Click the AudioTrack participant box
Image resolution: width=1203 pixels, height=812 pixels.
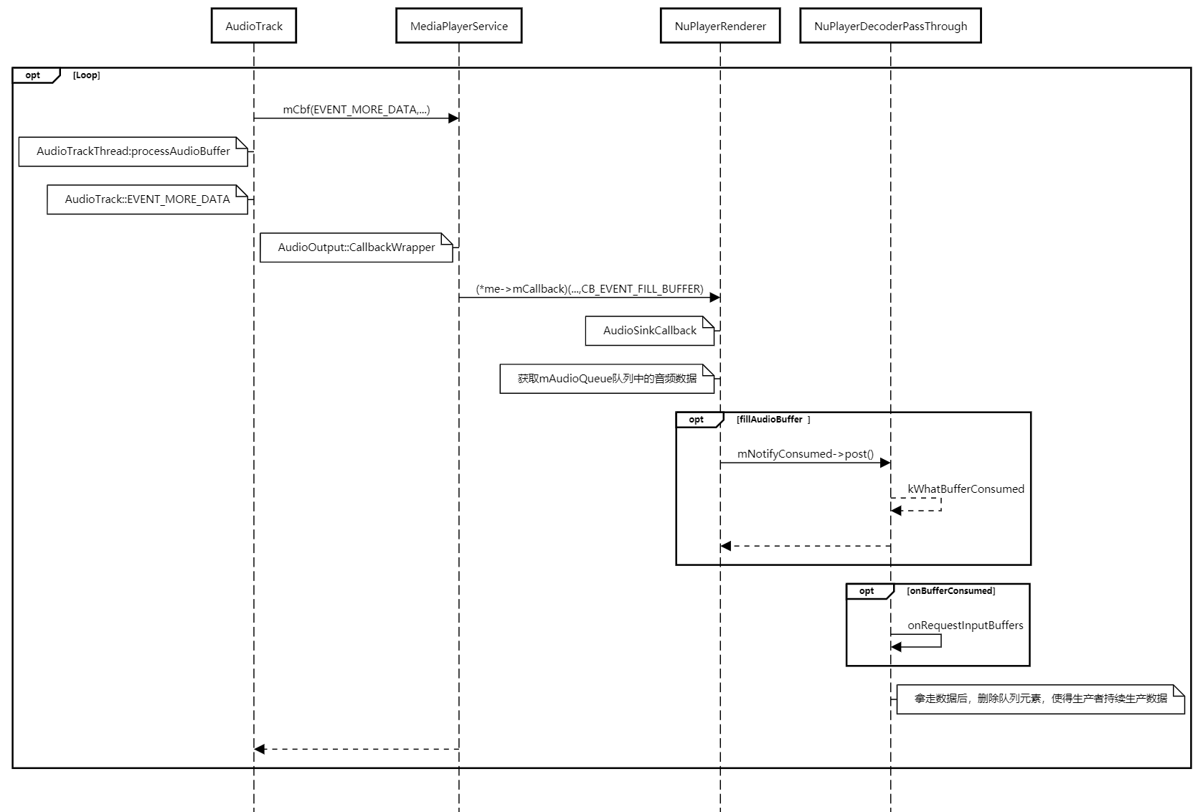pyautogui.click(x=254, y=26)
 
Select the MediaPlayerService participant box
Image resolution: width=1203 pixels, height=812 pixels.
pyautogui.click(x=458, y=26)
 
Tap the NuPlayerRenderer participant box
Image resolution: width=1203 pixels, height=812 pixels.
pyautogui.click(x=720, y=26)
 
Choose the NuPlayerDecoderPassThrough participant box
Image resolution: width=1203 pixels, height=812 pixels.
pyautogui.click(x=890, y=26)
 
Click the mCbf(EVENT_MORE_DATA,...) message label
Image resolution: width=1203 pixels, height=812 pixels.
pyautogui.click(x=356, y=109)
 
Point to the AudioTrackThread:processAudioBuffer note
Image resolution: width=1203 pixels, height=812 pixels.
pyautogui.click(x=133, y=151)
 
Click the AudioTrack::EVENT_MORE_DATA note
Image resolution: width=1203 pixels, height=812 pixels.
pyautogui.click(x=147, y=199)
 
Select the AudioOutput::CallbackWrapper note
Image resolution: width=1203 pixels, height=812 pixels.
pyautogui.click(x=357, y=247)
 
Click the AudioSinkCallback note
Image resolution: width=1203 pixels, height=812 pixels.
pyautogui.click(x=649, y=331)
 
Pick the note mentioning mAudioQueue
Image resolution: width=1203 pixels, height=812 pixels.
pyautogui.click(x=607, y=379)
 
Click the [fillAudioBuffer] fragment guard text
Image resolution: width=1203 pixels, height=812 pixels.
pyautogui.click(x=773, y=420)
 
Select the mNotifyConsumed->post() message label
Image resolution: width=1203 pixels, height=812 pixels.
pyautogui.click(x=805, y=454)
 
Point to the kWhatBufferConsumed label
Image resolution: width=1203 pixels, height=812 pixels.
pyautogui.click(x=966, y=489)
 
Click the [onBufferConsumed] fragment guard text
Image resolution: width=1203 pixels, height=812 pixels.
pyautogui.click(x=950, y=591)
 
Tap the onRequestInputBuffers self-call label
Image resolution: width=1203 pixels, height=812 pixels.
pyautogui.click(x=965, y=625)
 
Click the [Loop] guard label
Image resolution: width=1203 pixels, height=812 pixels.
pyautogui.click(x=86, y=75)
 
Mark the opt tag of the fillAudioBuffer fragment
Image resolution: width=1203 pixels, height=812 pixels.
pyautogui.click(x=696, y=420)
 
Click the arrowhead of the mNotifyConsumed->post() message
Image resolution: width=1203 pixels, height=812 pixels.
pyautogui.click(x=885, y=463)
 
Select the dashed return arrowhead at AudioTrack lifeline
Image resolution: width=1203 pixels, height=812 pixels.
pyautogui.click(x=260, y=749)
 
